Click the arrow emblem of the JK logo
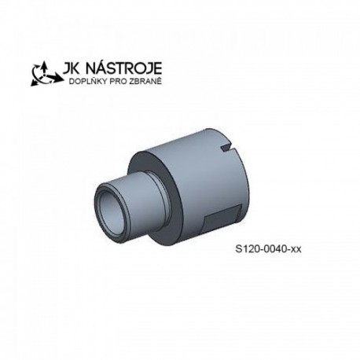tap(46, 74)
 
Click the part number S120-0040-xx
tap(268, 248)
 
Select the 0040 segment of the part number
tap(274, 248)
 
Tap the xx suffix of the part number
tap(296, 249)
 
